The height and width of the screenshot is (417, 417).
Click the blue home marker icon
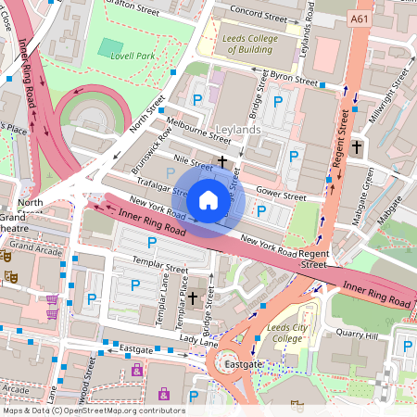pos(208,199)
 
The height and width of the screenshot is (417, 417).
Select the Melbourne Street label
pos(197,130)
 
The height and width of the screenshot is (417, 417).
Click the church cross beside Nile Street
pos(221,162)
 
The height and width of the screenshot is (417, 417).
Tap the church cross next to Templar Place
pos(193,298)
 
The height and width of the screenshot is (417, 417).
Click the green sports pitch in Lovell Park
pos(110,47)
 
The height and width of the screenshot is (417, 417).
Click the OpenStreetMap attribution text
pos(94,411)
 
